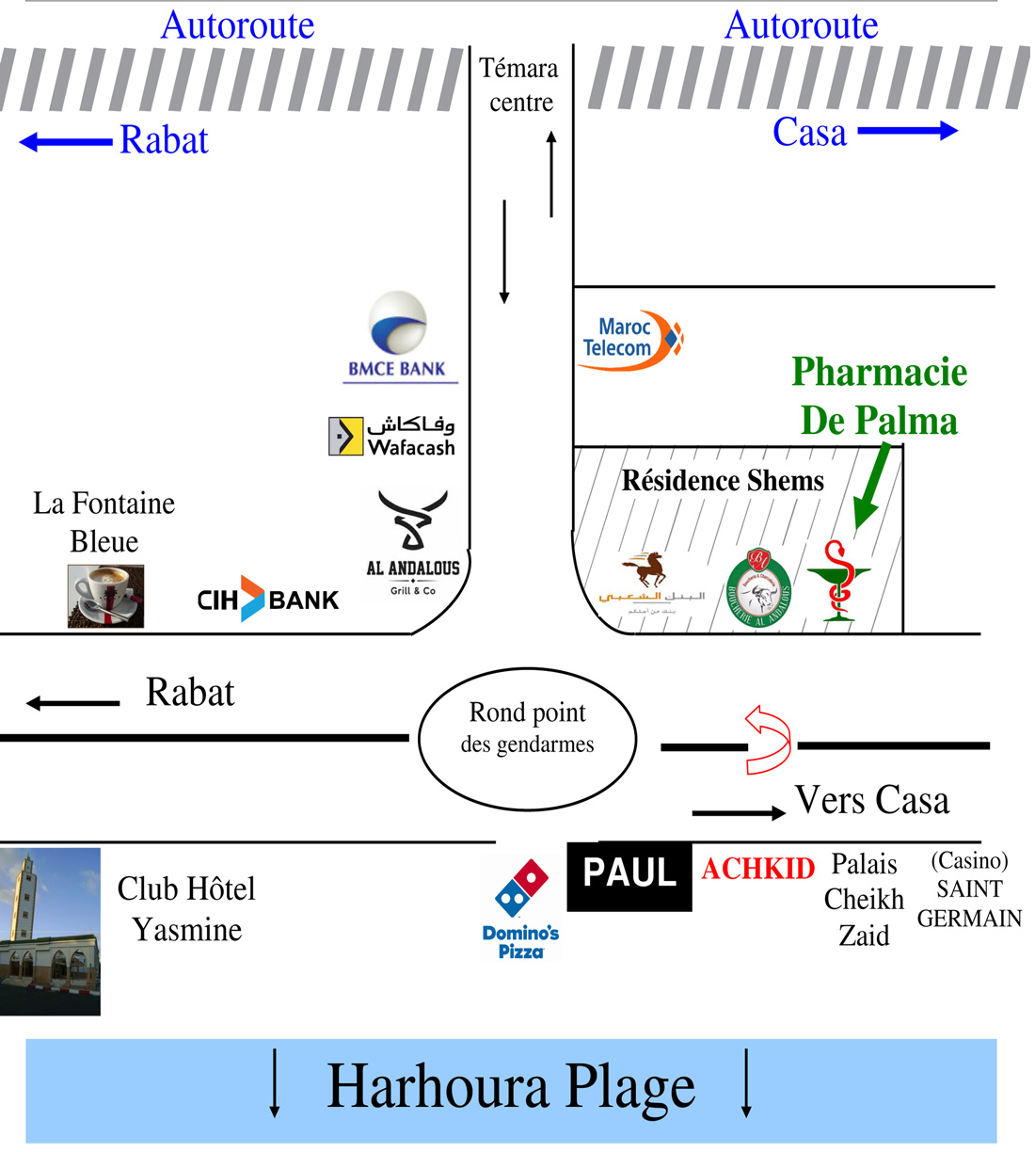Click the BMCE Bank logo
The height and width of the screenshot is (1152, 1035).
[399, 337]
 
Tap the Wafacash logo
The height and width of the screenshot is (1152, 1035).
[392, 436]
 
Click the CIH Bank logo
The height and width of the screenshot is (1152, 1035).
[267, 600]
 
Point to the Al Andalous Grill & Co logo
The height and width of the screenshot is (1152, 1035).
[413, 543]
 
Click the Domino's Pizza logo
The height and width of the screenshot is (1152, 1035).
[520, 908]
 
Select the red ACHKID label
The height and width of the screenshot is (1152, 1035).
[757, 868]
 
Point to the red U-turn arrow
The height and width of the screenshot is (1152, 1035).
[769, 739]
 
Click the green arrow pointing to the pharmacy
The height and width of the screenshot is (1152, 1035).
[872, 487]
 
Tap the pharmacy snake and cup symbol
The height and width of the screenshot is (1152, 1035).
[838, 581]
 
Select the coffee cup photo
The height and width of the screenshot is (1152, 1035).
[105, 596]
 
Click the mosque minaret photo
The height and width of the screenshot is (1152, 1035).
[50, 931]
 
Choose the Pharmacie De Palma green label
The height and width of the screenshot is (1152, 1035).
[879, 396]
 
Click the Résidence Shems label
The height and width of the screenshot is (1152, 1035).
[722, 481]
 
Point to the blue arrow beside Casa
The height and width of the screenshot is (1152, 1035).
[907, 131]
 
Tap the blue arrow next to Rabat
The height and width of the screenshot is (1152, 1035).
[66, 142]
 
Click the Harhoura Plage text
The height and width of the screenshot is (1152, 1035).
[511, 1087]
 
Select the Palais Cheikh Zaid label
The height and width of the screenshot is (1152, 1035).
[864, 900]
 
